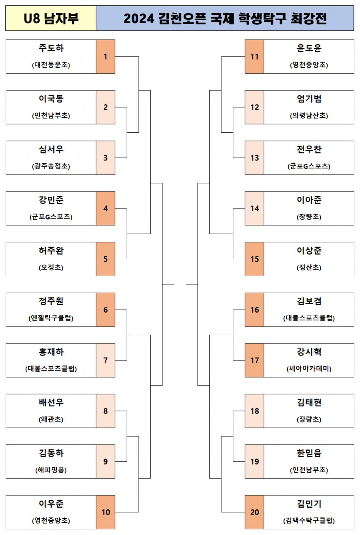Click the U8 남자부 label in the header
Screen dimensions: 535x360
click(x=51, y=19)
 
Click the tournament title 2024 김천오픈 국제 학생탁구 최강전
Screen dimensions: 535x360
click(x=225, y=19)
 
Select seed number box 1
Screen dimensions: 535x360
click(x=106, y=57)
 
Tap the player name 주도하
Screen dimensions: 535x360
click(x=51, y=48)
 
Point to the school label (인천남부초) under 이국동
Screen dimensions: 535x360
click(x=51, y=116)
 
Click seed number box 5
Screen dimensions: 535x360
click(x=106, y=259)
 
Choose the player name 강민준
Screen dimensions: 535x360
click(x=51, y=200)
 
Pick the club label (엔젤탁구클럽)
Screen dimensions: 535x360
click(x=51, y=318)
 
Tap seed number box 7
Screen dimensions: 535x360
click(x=106, y=361)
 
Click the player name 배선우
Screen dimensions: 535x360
click(x=51, y=403)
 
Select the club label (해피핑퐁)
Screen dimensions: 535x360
click(x=51, y=470)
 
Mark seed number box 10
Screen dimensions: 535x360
click(x=106, y=512)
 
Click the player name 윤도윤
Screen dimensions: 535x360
click(x=309, y=48)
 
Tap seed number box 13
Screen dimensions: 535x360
click(x=254, y=158)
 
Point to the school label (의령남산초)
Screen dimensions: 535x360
click(x=309, y=116)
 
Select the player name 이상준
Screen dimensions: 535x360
click(x=309, y=251)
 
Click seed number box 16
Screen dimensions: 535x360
click(x=254, y=310)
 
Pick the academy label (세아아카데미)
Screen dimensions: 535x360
click(x=309, y=369)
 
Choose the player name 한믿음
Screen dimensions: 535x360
click(x=309, y=454)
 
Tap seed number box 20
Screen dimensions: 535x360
click(x=254, y=512)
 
